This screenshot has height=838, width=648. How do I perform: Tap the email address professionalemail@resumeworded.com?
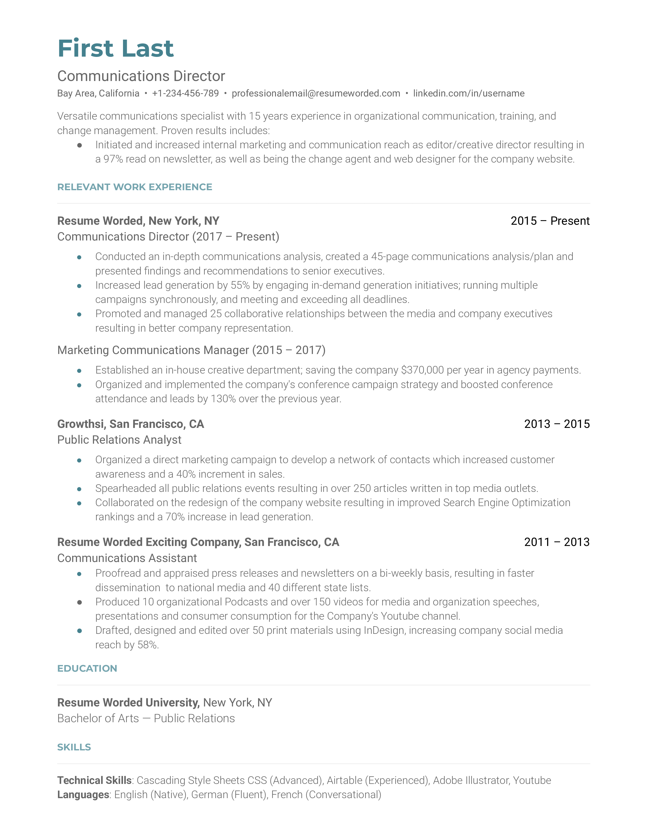pos(316,93)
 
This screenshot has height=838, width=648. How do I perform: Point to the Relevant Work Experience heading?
pos(134,187)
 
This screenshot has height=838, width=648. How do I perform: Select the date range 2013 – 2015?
pos(557,424)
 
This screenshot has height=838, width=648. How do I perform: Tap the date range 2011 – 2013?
pos(557,542)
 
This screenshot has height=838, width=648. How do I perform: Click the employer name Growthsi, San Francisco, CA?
pos(131,424)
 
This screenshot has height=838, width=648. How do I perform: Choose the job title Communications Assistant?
pos(127,558)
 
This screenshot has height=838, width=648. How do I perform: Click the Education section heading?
pos(87,668)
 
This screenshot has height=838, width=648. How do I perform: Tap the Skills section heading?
pos(74,747)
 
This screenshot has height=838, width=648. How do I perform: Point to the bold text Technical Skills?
pos(95,780)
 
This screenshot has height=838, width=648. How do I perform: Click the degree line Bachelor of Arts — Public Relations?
pos(146,718)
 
